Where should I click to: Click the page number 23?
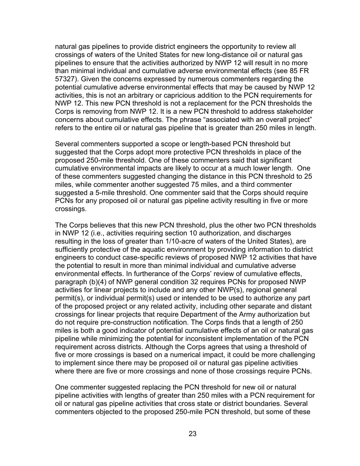[x=193, y=434]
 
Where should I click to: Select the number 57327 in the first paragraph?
[x=65, y=79]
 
